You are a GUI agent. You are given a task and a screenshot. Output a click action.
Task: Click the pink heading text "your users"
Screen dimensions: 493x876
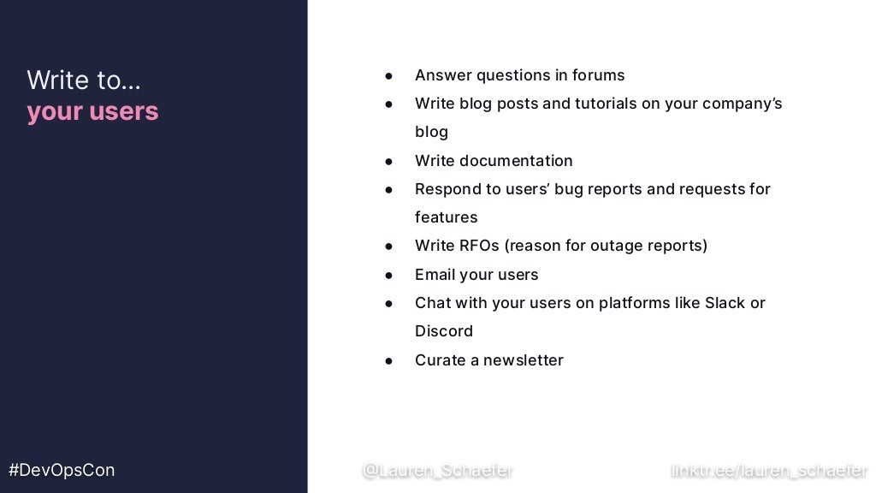(92, 112)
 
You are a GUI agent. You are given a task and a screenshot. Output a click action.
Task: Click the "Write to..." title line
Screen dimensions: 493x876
(84, 80)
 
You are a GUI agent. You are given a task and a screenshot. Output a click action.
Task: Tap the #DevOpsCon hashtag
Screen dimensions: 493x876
(62, 470)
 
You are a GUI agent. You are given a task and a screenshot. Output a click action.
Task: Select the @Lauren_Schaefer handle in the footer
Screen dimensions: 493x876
(437, 470)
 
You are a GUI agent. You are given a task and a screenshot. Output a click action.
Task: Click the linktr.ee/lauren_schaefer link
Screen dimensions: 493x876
(769, 470)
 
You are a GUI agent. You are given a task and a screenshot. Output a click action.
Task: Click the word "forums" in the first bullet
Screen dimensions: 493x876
(599, 75)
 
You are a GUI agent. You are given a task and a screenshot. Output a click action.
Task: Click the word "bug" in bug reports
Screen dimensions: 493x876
(568, 189)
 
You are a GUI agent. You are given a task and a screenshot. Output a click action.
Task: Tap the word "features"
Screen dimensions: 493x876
(446, 217)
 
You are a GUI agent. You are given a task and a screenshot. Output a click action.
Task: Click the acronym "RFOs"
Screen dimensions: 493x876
(479, 246)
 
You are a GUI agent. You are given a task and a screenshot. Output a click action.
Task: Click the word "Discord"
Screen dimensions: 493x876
(443, 331)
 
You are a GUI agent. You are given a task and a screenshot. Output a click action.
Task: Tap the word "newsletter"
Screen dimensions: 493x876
(524, 360)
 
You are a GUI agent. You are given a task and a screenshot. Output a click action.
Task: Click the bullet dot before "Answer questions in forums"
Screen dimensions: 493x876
(388, 76)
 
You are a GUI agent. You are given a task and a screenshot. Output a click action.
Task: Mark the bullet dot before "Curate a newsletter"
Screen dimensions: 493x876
(388, 361)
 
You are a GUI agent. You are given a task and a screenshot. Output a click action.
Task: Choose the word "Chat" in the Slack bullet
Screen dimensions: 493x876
(433, 303)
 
